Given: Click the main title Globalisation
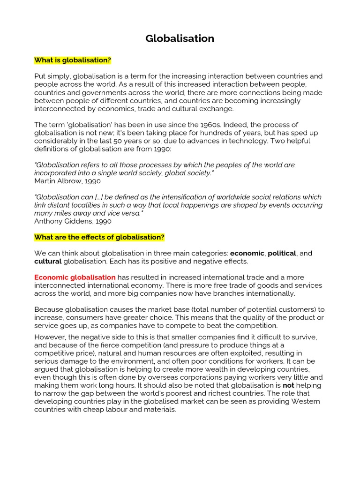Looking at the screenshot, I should pos(180,39).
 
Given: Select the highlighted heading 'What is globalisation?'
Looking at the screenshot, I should pos(73,60).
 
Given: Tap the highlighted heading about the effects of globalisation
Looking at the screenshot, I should pos(99,237).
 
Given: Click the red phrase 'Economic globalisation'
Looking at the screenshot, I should pos(75,277).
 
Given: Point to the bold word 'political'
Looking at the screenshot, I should pos(282,253).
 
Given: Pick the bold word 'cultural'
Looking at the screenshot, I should pos(48,261).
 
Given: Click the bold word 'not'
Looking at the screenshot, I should pos(288,385).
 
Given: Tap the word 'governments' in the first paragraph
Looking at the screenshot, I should pos(95,92).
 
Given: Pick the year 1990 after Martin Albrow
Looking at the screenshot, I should pos(92,181).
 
